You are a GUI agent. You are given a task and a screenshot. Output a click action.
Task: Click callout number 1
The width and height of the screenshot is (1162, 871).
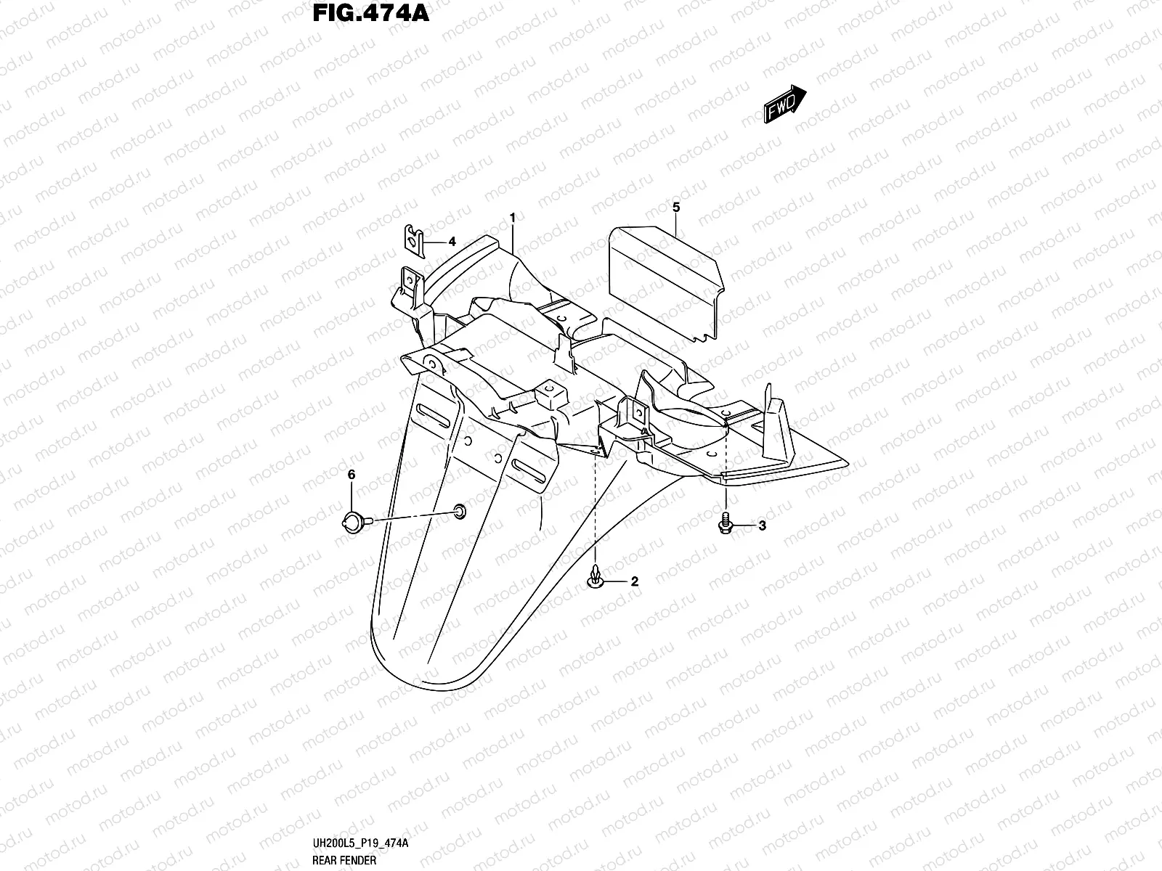click(513, 218)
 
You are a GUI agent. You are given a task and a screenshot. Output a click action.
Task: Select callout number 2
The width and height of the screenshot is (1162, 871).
click(634, 581)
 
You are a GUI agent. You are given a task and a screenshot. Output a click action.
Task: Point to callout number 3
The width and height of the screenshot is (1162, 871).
click(762, 526)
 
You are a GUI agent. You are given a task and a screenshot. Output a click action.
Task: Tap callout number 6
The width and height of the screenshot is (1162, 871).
click(352, 475)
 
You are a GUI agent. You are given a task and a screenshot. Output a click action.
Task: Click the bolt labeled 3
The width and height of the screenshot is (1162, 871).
click(726, 522)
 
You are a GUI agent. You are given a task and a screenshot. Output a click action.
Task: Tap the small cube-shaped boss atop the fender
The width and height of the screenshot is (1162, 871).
click(551, 396)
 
